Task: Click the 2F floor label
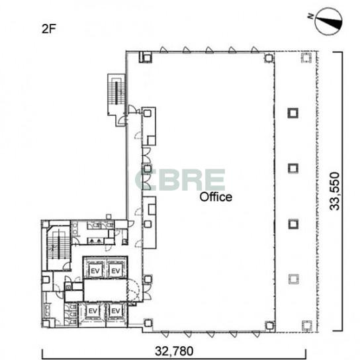pos(49,29)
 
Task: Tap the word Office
pos(216,197)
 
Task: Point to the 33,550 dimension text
pos(334,191)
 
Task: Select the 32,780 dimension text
pos(174,351)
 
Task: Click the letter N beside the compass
pos(311,16)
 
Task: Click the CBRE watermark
pos(180,180)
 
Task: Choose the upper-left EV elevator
pos(95,271)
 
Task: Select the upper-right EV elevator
pos(116,271)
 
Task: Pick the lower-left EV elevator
pos(93,311)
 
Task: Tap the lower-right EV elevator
pos(116,311)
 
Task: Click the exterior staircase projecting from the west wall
pos(116,94)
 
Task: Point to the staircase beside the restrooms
pos(58,246)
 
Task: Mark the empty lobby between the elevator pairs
pos(105,290)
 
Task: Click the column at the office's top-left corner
pos(146,57)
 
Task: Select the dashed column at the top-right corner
pos(306,58)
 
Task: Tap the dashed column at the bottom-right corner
pos(307,326)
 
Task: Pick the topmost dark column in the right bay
pos(293,113)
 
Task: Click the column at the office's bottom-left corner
pos(148,323)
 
